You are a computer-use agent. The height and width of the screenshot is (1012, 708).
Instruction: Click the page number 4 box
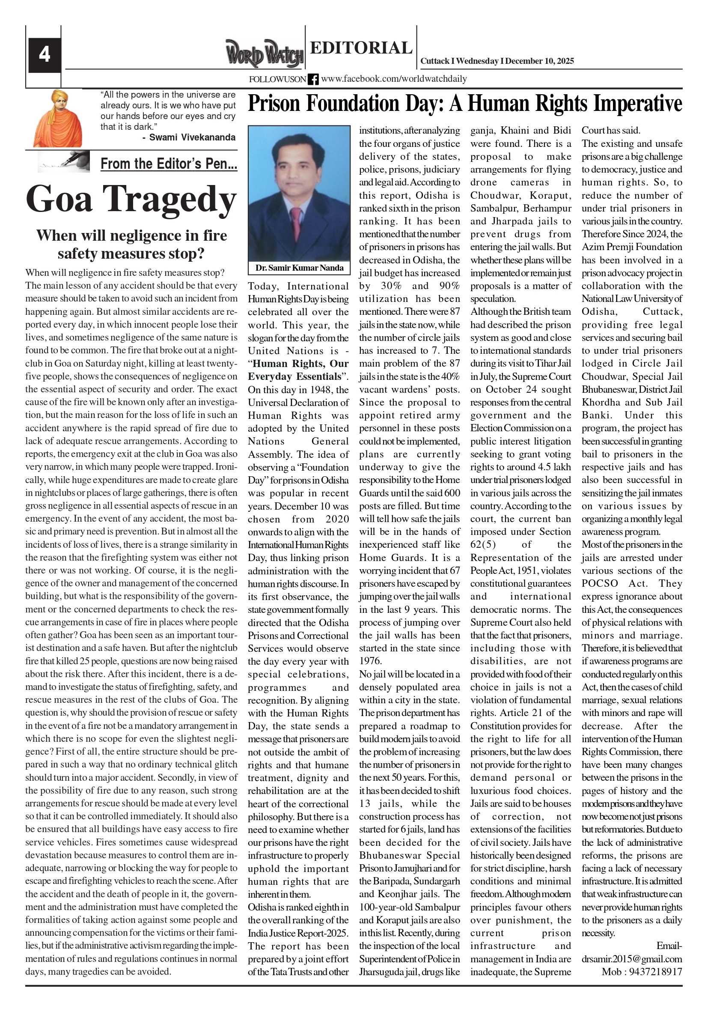coord(45,55)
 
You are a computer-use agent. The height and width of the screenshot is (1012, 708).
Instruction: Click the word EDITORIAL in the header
coord(361,48)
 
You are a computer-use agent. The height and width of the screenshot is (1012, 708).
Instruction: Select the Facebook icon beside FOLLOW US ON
coord(313,79)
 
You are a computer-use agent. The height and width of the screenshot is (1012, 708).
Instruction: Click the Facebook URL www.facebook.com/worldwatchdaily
coord(394,79)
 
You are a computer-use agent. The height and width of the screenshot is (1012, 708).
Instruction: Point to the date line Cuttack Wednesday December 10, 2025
coord(497,61)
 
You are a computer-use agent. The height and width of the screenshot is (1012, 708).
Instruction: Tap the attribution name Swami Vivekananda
coord(192,137)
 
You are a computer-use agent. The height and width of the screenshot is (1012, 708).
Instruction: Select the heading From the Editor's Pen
coord(169,164)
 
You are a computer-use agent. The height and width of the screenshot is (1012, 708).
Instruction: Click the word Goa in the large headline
coord(59,199)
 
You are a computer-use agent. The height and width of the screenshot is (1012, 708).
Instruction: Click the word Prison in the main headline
coord(274,104)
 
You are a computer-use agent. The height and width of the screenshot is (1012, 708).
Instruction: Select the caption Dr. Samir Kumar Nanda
coord(299,268)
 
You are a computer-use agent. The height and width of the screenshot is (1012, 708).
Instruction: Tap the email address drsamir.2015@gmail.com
coord(632,958)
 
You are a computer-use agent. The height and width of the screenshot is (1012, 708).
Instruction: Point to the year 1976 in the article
coord(371,661)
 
